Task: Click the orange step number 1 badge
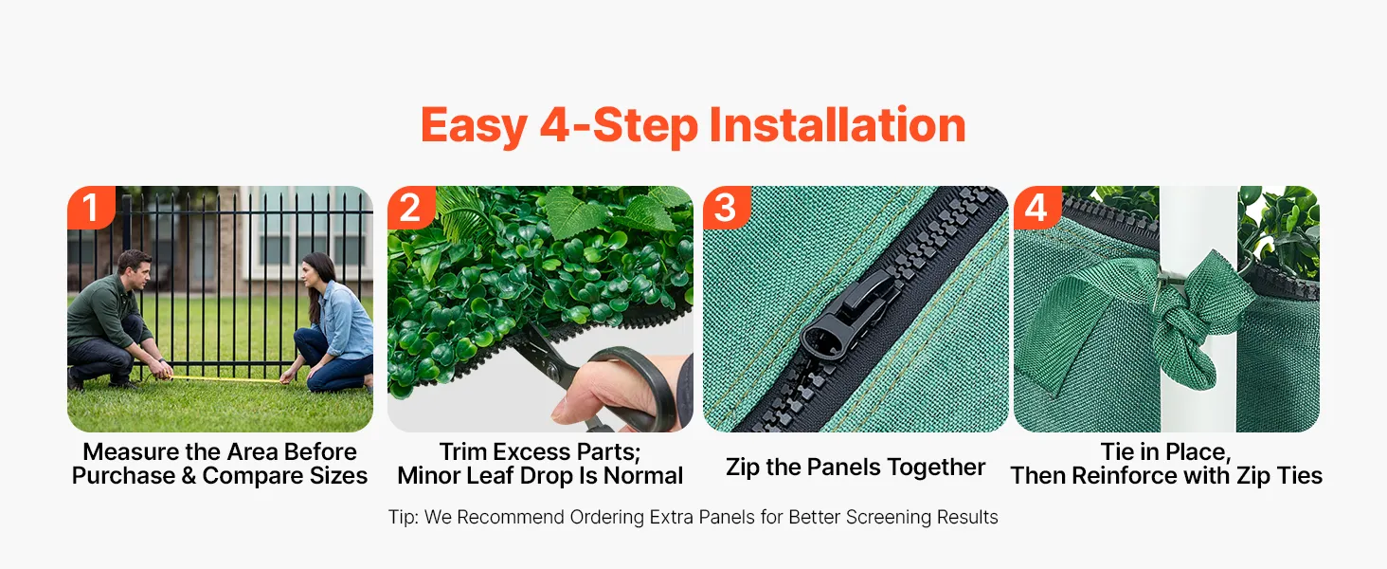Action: click(91, 207)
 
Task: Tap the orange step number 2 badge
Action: click(411, 207)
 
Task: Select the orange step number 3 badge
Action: click(727, 207)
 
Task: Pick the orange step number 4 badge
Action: click(1037, 207)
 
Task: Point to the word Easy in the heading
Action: click(474, 128)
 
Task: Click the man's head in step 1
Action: click(135, 269)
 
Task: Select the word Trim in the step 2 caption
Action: click(462, 451)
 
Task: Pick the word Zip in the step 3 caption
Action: click(743, 468)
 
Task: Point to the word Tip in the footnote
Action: click(403, 518)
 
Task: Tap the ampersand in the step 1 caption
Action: click(189, 476)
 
